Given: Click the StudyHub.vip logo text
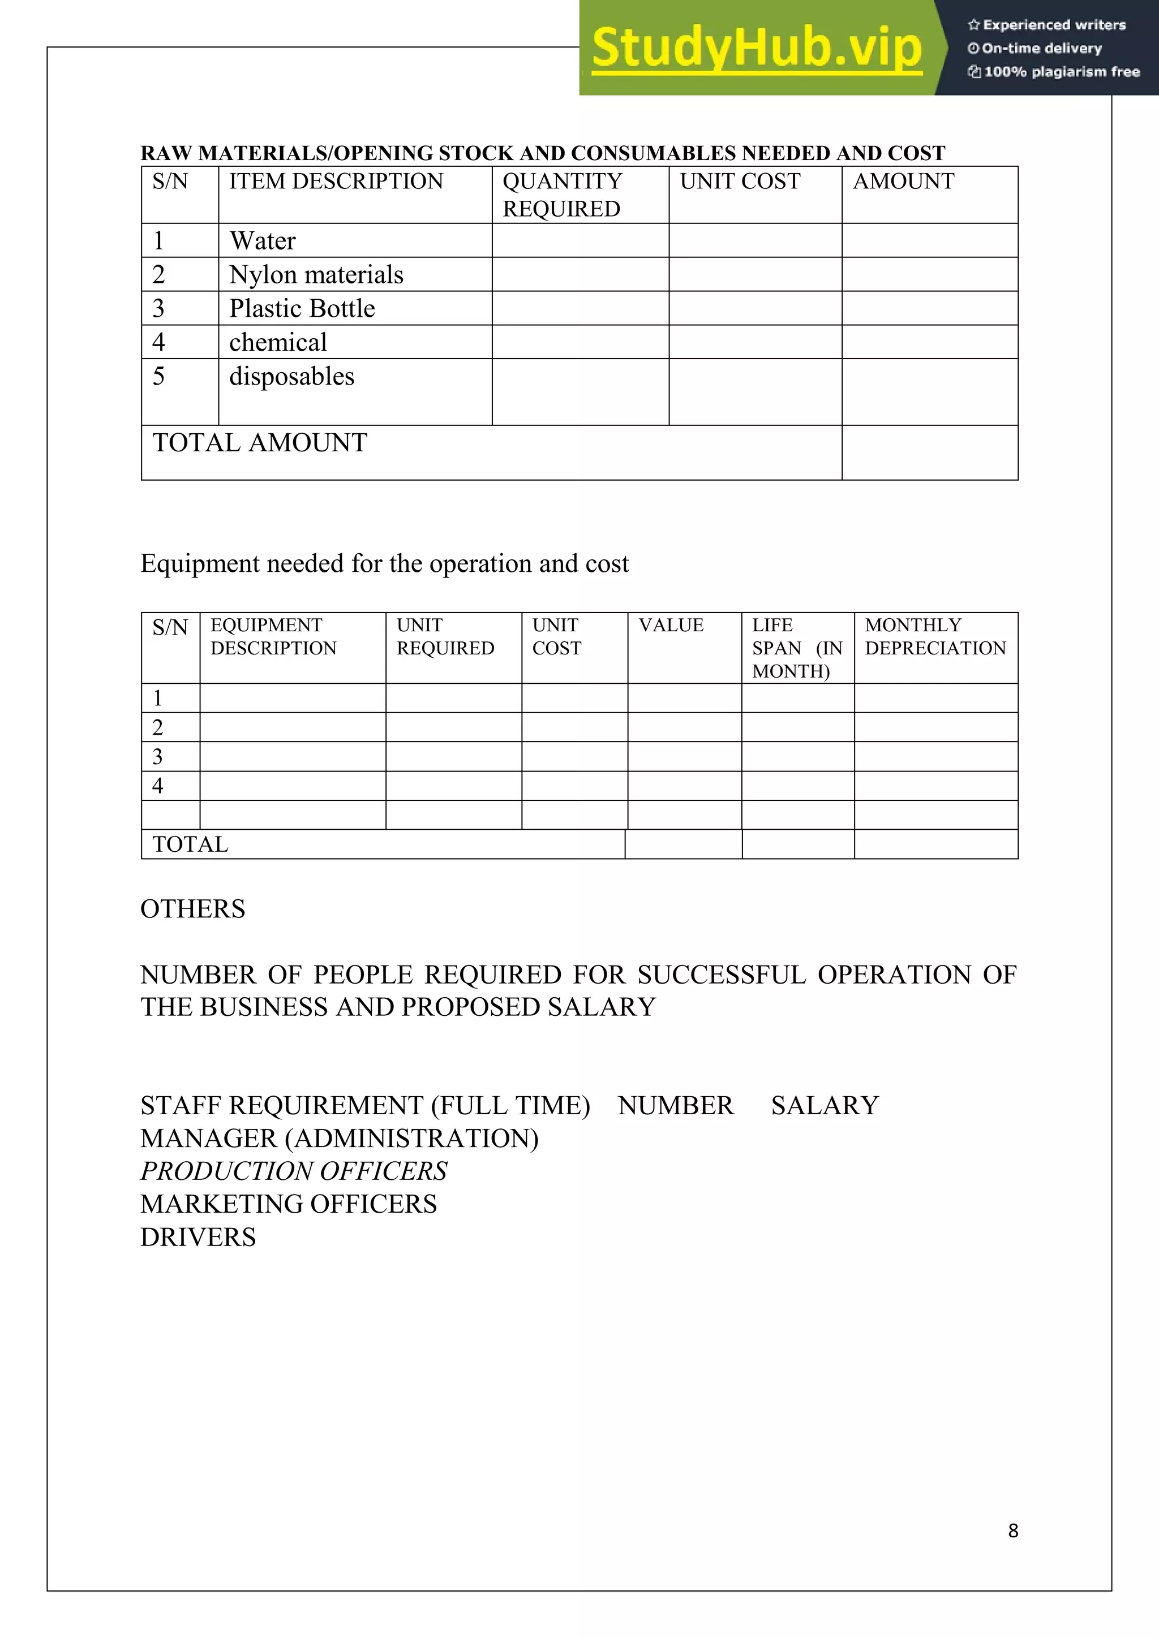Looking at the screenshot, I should tap(757, 48).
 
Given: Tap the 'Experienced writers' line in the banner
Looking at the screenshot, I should tap(1047, 25).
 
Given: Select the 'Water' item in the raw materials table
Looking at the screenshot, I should tap(263, 241).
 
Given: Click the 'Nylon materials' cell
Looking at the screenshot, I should tap(316, 275).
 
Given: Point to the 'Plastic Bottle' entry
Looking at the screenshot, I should tap(302, 308).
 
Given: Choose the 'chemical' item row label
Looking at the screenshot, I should tap(278, 342).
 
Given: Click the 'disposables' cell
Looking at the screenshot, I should tap(291, 376).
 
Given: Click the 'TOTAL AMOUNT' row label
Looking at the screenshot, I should tap(260, 443).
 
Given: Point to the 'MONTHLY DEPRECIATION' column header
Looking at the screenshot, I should tap(935, 636).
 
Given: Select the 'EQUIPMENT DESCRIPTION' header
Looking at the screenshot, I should tap(273, 636).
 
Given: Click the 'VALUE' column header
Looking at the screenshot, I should tap(671, 625).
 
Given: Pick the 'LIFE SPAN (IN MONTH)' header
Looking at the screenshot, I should tap(796, 648).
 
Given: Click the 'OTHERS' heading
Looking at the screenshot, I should tap(192, 909).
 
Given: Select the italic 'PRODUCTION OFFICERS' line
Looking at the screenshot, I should tap(293, 1171).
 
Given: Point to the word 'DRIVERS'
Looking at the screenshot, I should tap(198, 1237).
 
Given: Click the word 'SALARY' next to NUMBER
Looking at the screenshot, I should tap(825, 1105).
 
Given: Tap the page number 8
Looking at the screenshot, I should tap(1012, 1531).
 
